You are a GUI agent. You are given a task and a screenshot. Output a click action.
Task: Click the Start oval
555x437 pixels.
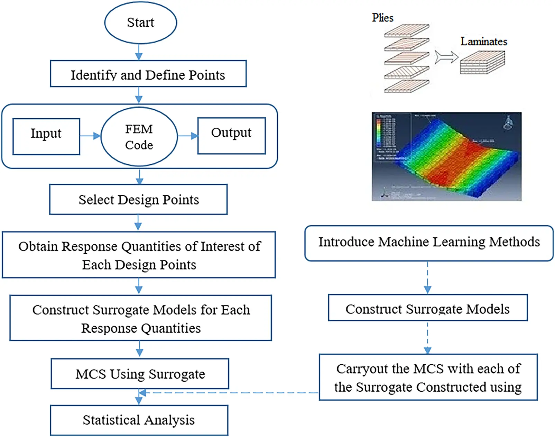(140, 22)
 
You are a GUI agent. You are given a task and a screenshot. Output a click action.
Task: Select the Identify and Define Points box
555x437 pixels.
(148, 74)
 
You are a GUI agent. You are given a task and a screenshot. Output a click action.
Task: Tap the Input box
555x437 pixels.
(46, 136)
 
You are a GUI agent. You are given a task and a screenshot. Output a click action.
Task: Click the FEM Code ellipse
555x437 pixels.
(139, 137)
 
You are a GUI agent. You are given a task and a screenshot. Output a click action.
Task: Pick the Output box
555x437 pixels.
(231, 136)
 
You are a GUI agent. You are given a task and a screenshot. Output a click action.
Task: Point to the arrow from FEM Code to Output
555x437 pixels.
(188, 136)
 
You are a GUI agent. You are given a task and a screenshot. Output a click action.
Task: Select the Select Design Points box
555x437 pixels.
(138, 199)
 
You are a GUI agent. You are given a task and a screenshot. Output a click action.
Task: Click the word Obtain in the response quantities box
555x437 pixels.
(38, 246)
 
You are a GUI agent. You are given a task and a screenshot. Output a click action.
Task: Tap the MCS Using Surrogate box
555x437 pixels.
(140, 374)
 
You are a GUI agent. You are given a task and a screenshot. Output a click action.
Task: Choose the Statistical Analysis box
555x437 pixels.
(139, 420)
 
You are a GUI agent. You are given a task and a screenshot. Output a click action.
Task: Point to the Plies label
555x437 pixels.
(382, 18)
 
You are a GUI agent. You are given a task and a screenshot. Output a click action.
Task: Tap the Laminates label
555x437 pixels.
(483, 42)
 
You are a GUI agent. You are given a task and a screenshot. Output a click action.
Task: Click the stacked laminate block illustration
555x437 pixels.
(482, 62)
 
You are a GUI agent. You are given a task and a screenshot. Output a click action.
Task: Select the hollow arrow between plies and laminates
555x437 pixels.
(446, 57)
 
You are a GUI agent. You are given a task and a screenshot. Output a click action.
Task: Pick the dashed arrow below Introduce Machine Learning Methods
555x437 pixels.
(428, 277)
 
